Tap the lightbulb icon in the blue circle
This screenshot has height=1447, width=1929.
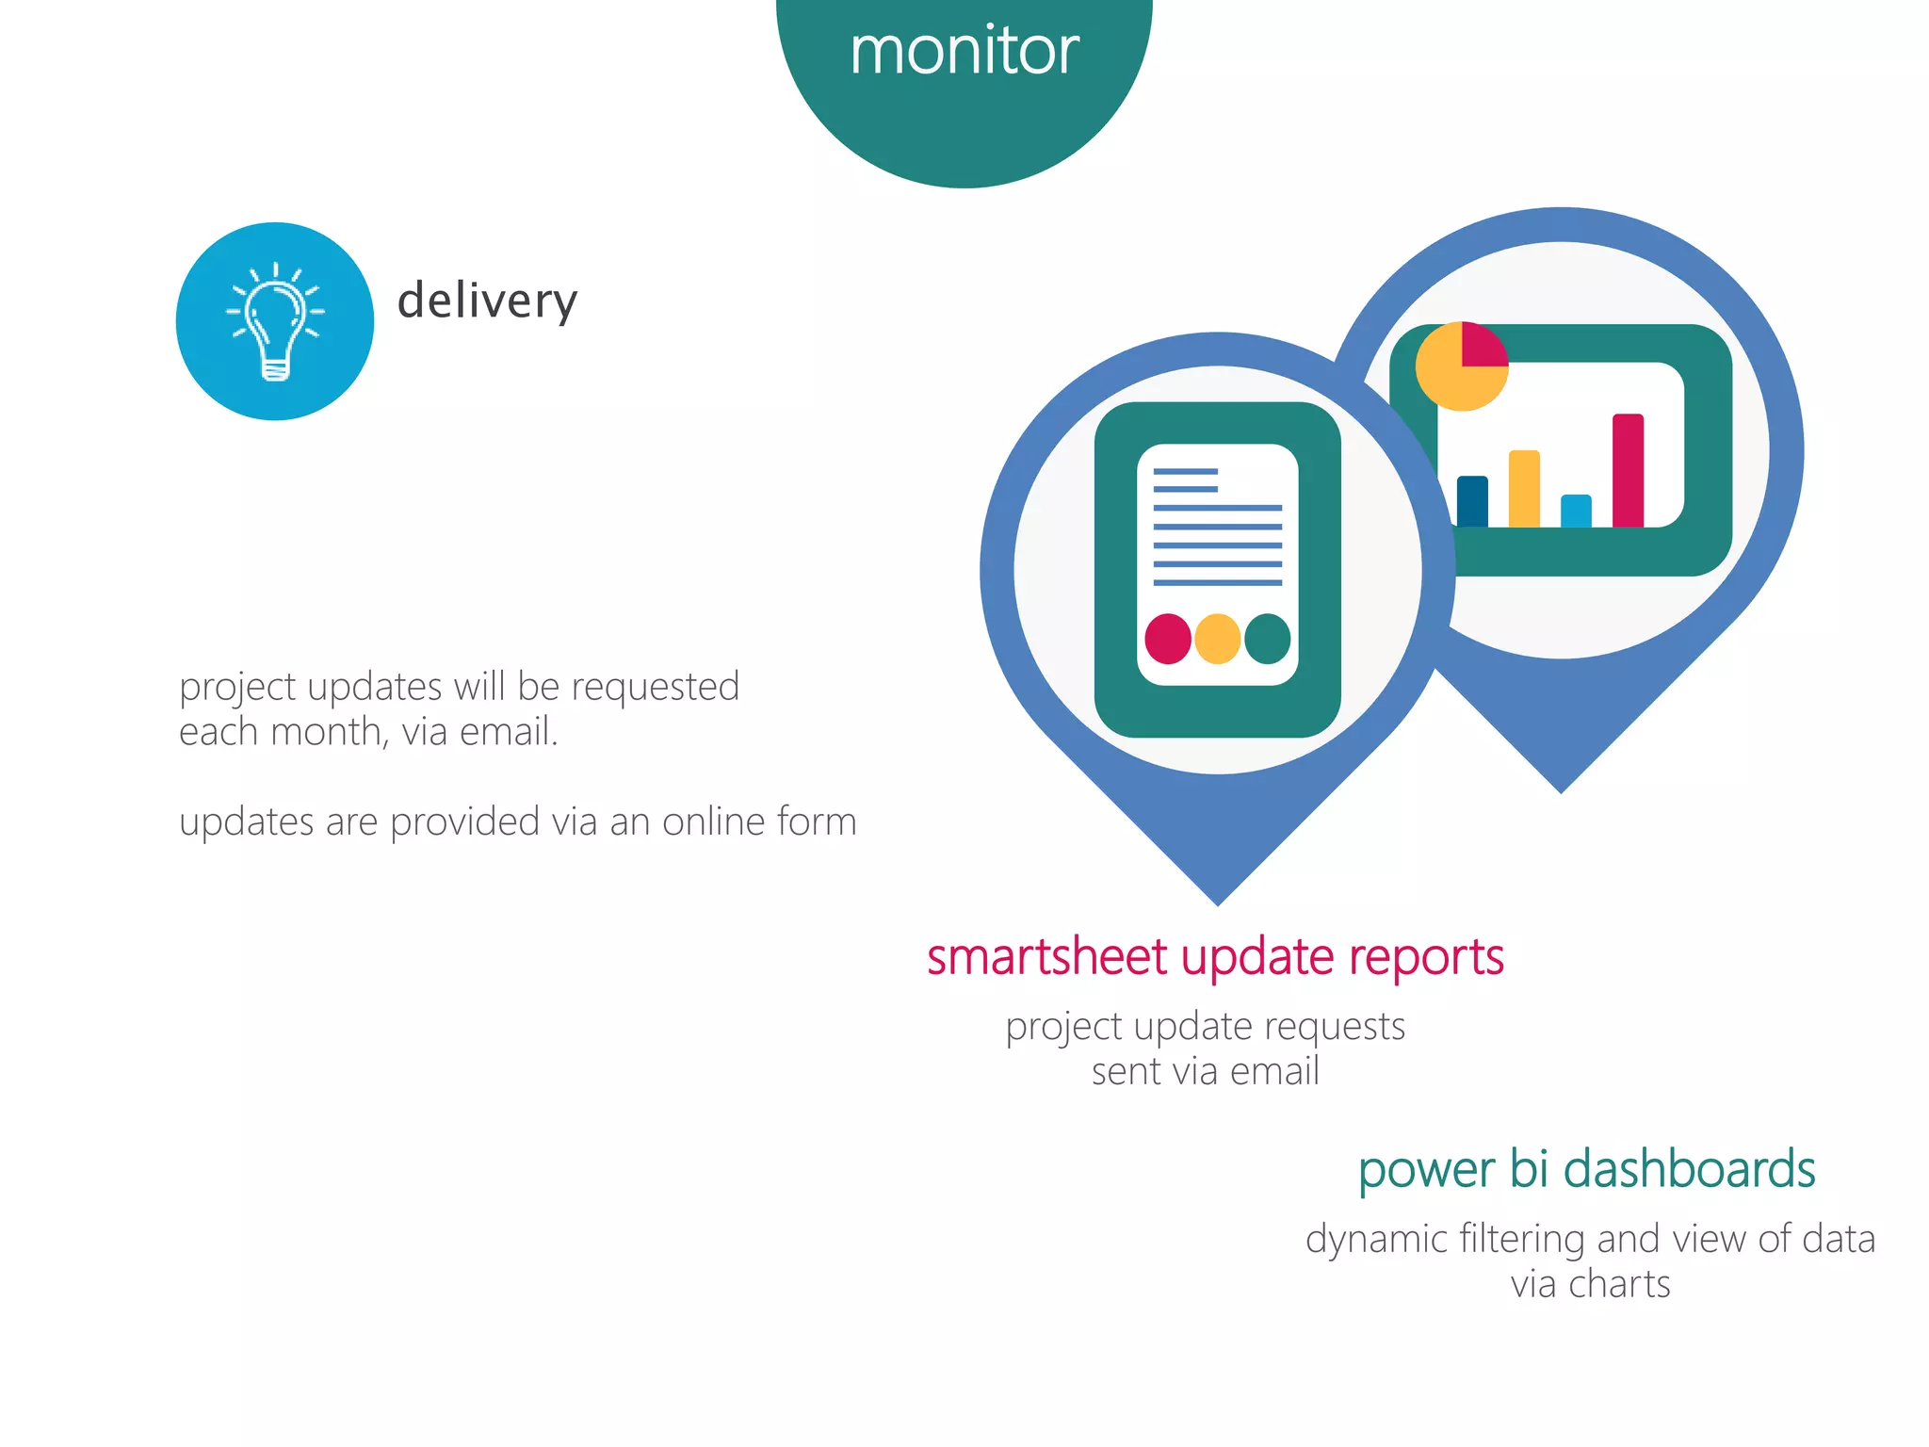pyautogui.click(x=275, y=323)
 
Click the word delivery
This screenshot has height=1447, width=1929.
pyautogui.click(x=487, y=301)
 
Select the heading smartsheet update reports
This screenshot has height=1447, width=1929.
pyautogui.click(x=1215, y=957)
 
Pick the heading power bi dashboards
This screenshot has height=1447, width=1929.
pyautogui.click(x=1586, y=1169)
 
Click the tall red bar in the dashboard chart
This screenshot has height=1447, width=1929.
pyautogui.click(x=1628, y=470)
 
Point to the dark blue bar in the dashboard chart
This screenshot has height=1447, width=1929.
pyautogui.click(x=1472, y=501)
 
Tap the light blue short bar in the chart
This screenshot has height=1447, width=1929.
pyautogui.click(x=1576, y=511)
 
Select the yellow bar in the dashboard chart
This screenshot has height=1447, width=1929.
pyautogui.click(x=1524, y=488)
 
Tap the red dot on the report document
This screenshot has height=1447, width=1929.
pyautogui.click(x=1168, y=639)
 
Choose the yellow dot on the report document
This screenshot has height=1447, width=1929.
pyautogui.click(x=1217, y=639)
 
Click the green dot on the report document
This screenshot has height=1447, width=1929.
pyautogui.click(x=1267, y=639)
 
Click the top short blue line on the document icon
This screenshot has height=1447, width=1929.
pyautogui.click(x=1185, y=471)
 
